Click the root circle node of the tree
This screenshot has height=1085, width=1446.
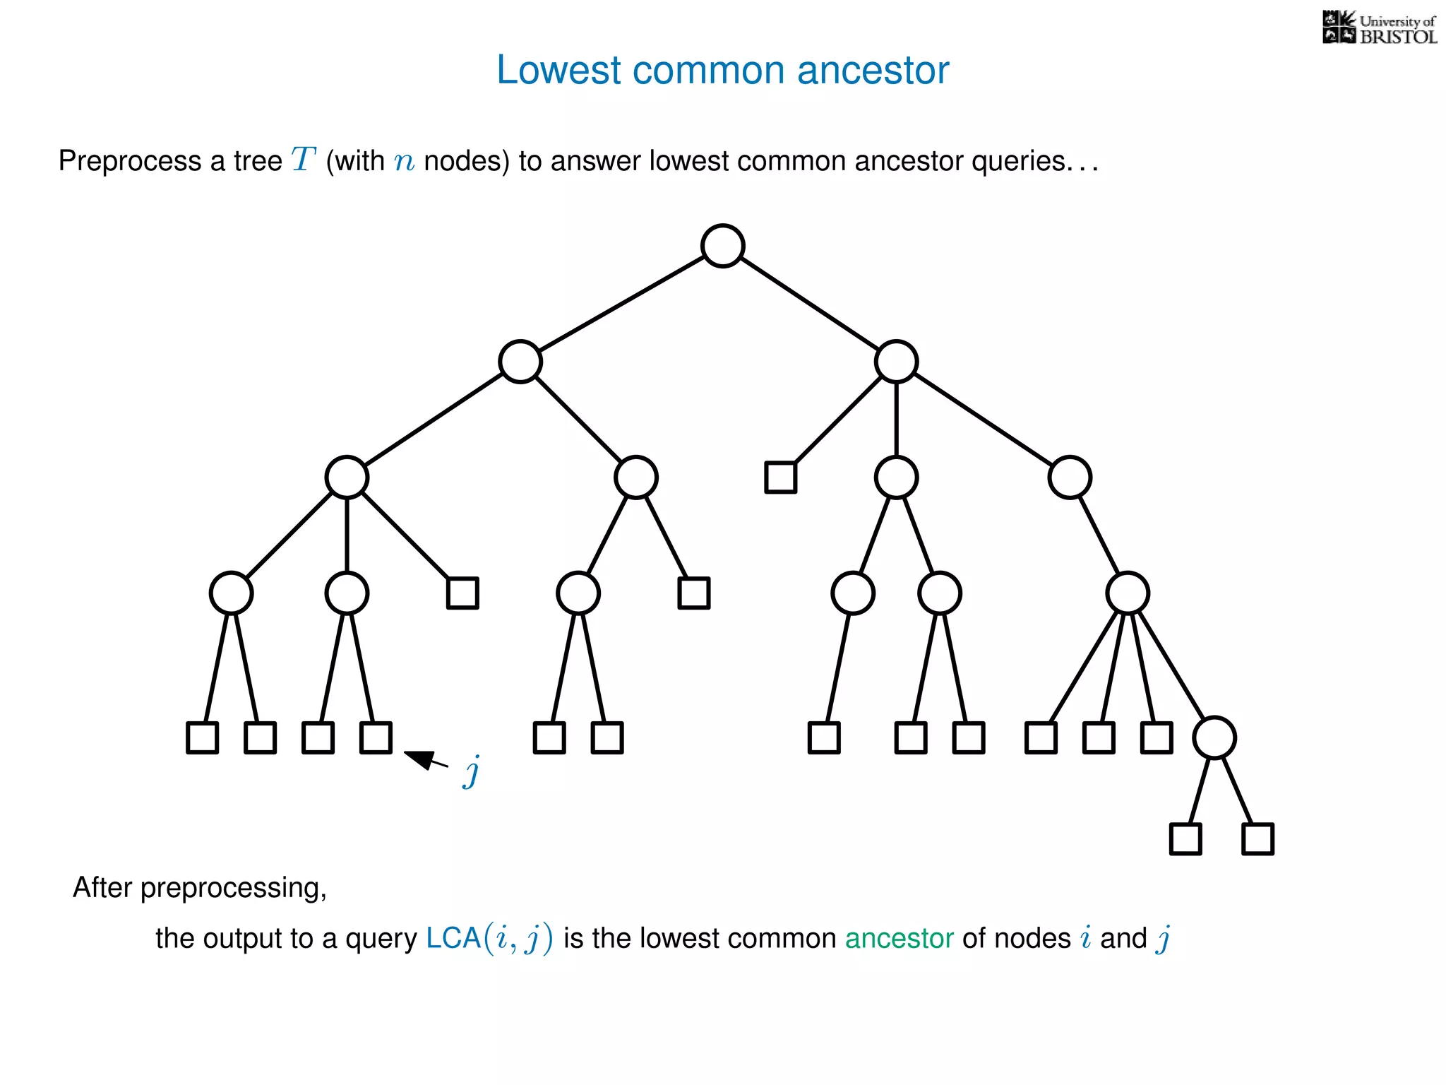click(x=722, y=246)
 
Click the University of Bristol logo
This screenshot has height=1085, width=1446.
click(x=1379, y=28)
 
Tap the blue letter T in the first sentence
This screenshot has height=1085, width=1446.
click(x=303, y=160)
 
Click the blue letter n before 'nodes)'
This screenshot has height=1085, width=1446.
click(x=404, y=162)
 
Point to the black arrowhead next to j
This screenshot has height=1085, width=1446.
click(x=421, y=759)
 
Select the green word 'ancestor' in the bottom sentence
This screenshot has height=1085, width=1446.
click(x=899, y=939)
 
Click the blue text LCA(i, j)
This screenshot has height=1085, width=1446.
click(x=489, y=939)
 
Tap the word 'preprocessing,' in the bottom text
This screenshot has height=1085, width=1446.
click(x=234, y=888)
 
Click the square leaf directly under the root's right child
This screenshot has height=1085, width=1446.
click(x=780, y=478)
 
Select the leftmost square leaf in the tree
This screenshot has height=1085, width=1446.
click(x=202, y=738)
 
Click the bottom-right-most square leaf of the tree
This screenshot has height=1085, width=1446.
click(x=1257, y=839)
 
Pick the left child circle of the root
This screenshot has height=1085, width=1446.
click(x=520, y=362)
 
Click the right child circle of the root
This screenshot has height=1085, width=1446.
click(x=896, y=362)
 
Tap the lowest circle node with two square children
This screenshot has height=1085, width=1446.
click(x=1214, y=738)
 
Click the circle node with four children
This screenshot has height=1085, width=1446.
click(x=1128, y=593)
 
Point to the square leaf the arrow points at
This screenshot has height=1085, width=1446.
click(x=376, y=738)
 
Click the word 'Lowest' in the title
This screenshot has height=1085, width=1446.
click(x=558, y=71)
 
